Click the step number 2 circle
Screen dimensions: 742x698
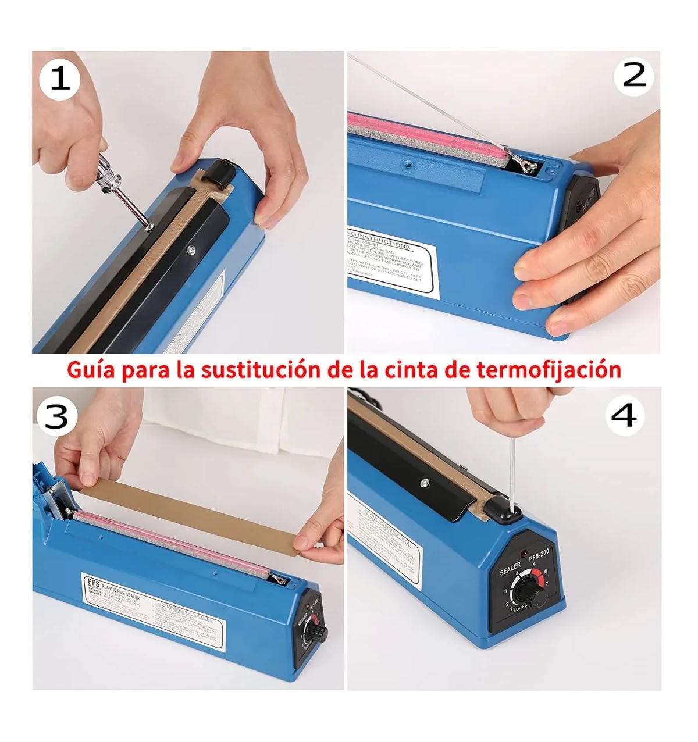[634, 76]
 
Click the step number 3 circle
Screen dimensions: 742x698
[56, 416]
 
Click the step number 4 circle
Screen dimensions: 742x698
[625, 416]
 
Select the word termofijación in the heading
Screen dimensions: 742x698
[549, 370]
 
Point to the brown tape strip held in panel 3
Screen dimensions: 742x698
[192, 512]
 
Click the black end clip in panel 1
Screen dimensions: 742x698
[218, 172]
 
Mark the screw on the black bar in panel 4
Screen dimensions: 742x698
[425, 481]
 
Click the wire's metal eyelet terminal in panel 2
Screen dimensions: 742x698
[527, 167]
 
